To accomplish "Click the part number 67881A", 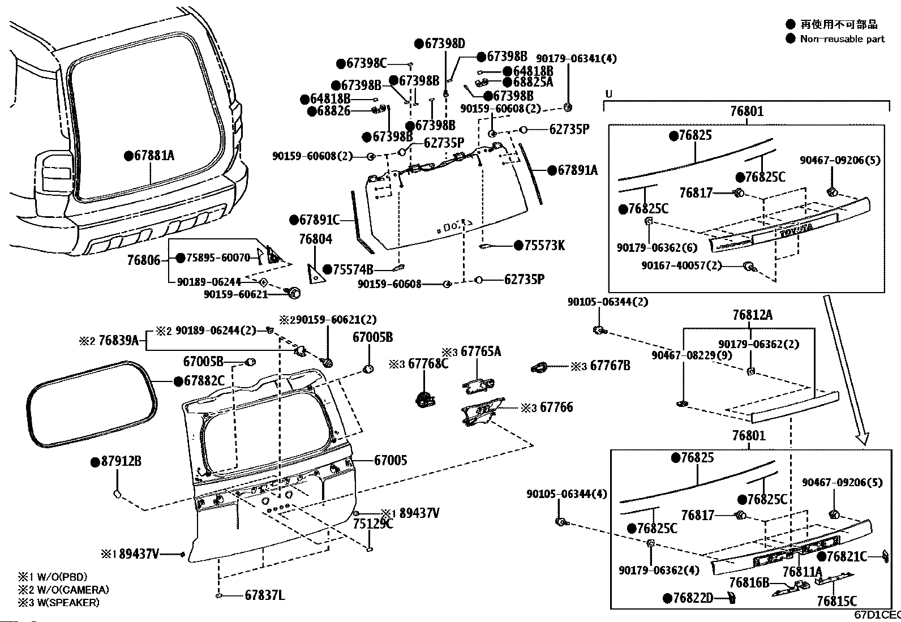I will pyautogui.click(x=154, y=155).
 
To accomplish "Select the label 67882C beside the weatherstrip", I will pyautogui.click(x=204, y=381).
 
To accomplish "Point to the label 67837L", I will pyautogui.click(x=264, y=595).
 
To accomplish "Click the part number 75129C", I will pyautogui.click(x=373, y=524).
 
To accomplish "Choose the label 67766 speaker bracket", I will pyautogui.click(x=556, y=407).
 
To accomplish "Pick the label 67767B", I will pyautogui.click(x=610, y=366).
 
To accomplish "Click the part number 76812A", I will pyautogui.click(x=752, y=315).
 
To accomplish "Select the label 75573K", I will pyautogui.click(x=544, y=245).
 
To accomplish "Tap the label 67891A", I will pyautogui.click(x=577, y=170).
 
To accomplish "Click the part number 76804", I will pyautogui.click(x=316, y=239).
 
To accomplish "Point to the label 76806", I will pyautogui.click(x=143, y=260).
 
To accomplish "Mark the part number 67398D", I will pyautogui.click(x=444, y=43).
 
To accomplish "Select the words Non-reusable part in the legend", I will pyautogui.click(x=842, y=39).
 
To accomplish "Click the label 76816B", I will pyautogui.click(x=749, y=582).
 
